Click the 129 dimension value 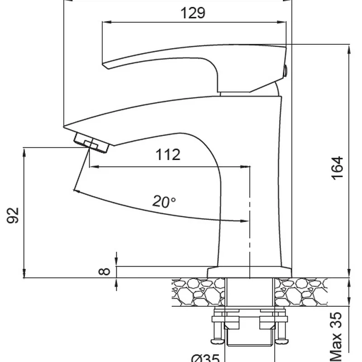pos(193,13)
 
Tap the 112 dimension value pos(168,155)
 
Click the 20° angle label pos(164,202)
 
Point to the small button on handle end pos(285,69)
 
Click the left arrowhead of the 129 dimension pos(106,21)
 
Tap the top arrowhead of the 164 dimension pos(349,48)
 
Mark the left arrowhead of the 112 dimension pos(92,167)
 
